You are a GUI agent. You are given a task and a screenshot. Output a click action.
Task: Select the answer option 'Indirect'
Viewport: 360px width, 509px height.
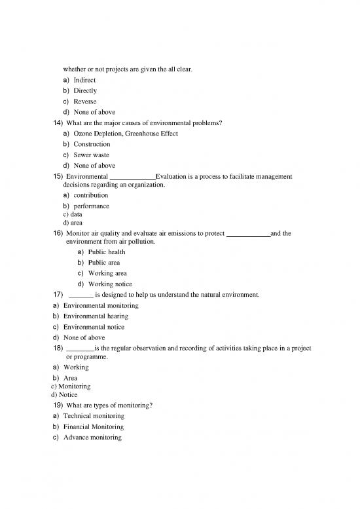(x=84, y=80)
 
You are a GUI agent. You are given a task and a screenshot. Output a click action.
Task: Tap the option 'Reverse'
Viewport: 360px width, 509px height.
(x=84, y=102)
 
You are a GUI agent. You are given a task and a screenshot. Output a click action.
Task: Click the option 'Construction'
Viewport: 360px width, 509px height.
(x=92, y=144)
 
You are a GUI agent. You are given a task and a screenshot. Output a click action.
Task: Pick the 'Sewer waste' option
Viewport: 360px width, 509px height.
(x=91, y=155)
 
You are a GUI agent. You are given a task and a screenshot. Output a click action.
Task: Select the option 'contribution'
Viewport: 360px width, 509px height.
(x=90, y=195)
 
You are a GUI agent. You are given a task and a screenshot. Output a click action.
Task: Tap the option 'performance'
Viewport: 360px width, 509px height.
(x=91, y=206)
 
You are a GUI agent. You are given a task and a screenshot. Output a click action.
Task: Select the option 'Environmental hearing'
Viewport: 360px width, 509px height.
(x=96, y=316)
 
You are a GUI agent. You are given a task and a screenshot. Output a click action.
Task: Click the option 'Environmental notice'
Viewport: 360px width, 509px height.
(x=94, y=327)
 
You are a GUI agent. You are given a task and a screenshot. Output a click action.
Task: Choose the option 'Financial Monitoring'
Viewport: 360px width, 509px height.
(x=94, y=426)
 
